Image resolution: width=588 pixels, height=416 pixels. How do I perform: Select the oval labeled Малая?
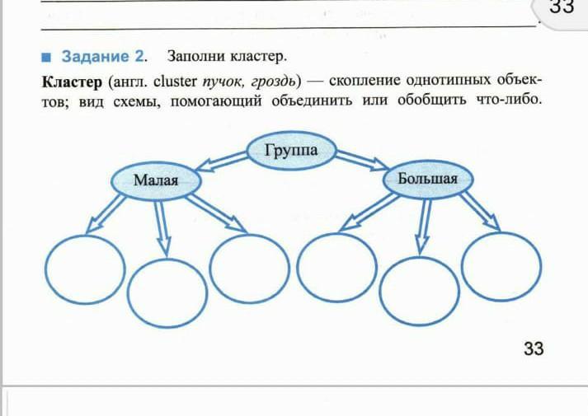[x=156, y=179]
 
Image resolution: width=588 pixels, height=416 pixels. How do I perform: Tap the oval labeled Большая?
[x=426, y=179]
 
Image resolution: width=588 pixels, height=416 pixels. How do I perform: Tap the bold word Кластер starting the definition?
[x=72, y=81]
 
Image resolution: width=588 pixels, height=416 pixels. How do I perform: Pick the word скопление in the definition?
[x=368, y=81]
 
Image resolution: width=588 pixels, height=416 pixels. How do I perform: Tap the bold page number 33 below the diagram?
[x=533, y=348]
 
